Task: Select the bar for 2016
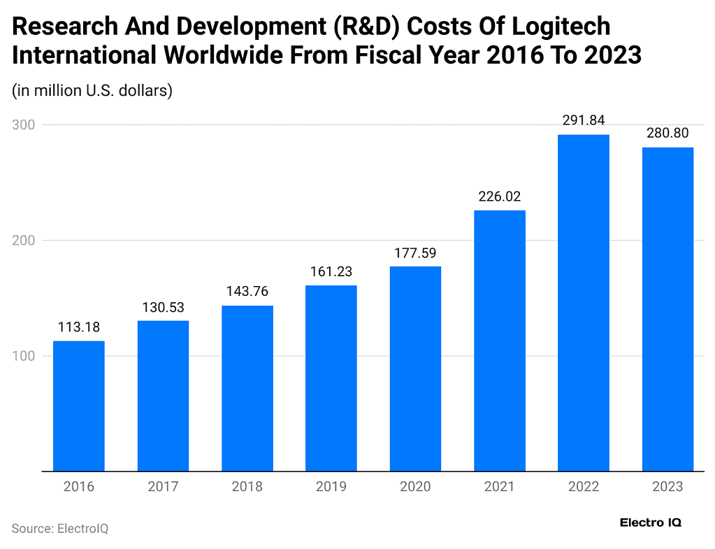(x=79, y=406)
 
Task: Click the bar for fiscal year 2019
(x=331, y=378)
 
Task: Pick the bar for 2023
(x=667, y=308)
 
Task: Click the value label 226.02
(x=500, y=197)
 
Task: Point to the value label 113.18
(x=79, y=327)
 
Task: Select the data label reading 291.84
(x=584, y=120)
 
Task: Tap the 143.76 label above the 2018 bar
(x=247, y=292)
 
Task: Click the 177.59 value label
(x=415, y=252)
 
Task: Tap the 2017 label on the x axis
(x=163, y=487)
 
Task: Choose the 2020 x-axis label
(x=415, y=487)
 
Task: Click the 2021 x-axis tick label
(x=500, y=487)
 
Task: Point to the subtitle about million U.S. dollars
(x=92, y=91)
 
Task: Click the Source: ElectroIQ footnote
(x=60, y=529)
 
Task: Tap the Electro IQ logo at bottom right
(x=650, y=522)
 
